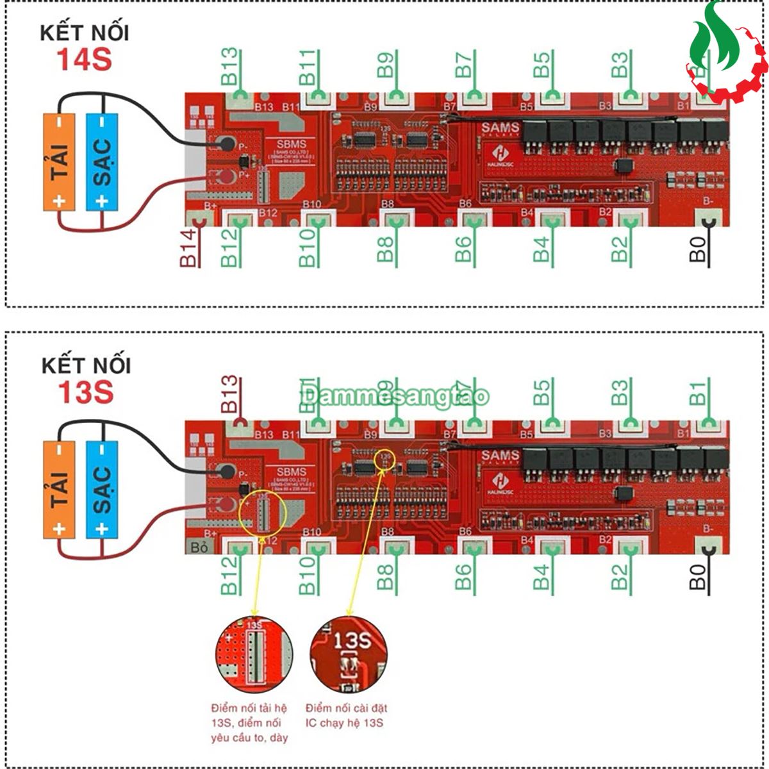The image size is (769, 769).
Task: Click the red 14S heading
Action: point(84,60)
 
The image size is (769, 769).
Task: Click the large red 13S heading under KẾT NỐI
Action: point(85,392)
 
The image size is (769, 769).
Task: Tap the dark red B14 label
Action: point(187,249)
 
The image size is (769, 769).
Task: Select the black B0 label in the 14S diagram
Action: point(698,249)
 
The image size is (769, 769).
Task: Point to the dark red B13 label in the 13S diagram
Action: point(230,394)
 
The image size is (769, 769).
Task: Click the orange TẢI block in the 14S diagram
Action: point(60,161)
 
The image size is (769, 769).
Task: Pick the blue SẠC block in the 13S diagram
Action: point(102,489)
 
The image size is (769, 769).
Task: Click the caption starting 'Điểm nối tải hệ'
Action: point(249,723)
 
